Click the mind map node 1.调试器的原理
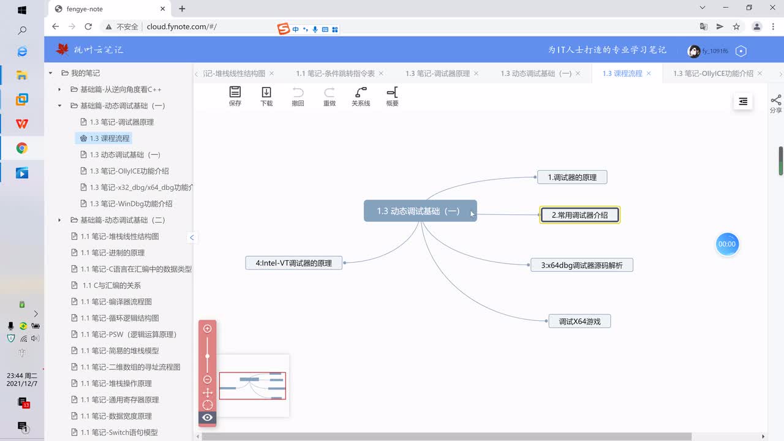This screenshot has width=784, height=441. (572, 178)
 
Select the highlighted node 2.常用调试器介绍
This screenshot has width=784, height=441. (579, 215)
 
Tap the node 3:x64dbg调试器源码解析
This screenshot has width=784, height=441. (582, 265)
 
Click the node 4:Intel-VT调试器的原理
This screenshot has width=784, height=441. (293, 263)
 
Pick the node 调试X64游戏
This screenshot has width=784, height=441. (579, 322)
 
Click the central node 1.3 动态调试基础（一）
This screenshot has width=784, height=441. (420, 211)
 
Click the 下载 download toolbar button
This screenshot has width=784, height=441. (266, 96)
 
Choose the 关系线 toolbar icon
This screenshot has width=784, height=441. (361, 96)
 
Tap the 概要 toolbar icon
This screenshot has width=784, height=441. (393, 96)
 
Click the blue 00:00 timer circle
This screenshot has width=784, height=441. (727, 244)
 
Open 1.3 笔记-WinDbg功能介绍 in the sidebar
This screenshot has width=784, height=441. (130, 204)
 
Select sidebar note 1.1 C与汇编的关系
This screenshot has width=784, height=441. (111, 285)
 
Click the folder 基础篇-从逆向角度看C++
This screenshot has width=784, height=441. (121, 89)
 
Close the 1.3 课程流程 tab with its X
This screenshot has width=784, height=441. (649, 73)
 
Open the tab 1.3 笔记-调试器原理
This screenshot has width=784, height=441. (437, 73)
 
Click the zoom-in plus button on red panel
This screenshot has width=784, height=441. (207, 329)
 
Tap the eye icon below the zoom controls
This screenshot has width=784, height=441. (207, 417)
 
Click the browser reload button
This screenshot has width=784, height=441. (88, 26)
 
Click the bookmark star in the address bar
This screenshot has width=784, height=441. (736, 26)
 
